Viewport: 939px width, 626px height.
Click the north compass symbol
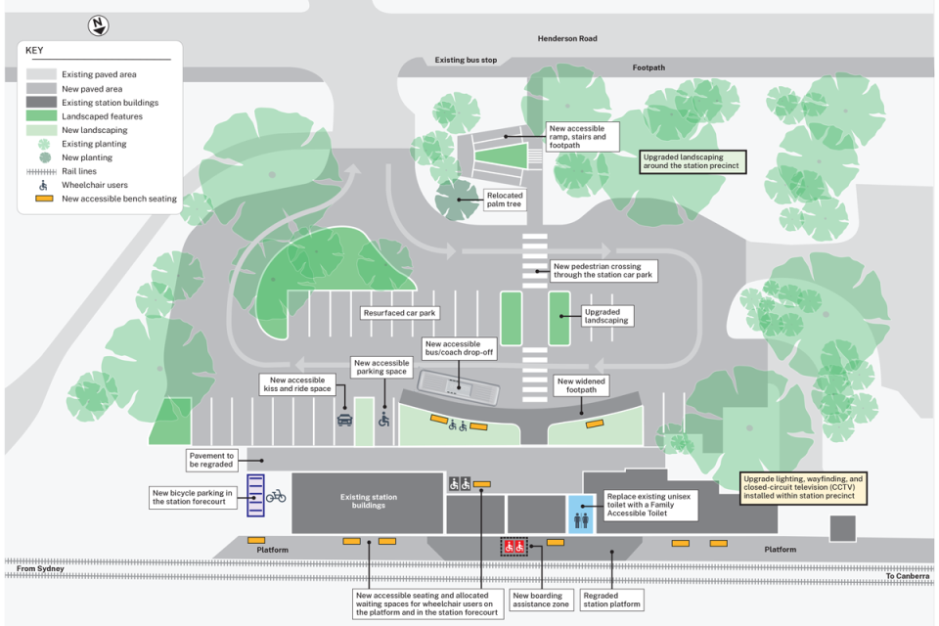tap(98, 25)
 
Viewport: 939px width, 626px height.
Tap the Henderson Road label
tap(567, 38)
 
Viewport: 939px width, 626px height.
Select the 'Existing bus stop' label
tap(466, 60)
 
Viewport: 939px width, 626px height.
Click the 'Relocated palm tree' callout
tap(505, 200)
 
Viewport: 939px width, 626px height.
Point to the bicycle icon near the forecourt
tap(276, 496)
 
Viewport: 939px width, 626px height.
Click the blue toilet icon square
tap(581, 514)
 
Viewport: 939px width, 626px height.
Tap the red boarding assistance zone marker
tap(514, 547)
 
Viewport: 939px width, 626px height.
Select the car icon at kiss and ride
tap(345, 420)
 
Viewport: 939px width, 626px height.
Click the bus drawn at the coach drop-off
tap(459, 387)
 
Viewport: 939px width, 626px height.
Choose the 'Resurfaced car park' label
tap(399, 313)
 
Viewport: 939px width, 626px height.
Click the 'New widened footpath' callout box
tap(581, 385)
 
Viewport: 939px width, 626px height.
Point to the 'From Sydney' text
tap(40, 568)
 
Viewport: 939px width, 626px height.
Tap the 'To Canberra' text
tap(908, 576)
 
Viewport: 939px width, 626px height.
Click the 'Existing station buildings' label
tap(369, 501)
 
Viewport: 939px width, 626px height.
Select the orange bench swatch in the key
tap(44, 199)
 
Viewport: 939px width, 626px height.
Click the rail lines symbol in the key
tap(41, 171)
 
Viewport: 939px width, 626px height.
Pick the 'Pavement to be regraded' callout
tap(211, 460)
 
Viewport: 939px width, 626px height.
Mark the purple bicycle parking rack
tap(255, 495)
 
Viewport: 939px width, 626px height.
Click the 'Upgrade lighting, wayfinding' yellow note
tap(803, 488)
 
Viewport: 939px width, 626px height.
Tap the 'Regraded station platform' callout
tap(611, 601)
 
